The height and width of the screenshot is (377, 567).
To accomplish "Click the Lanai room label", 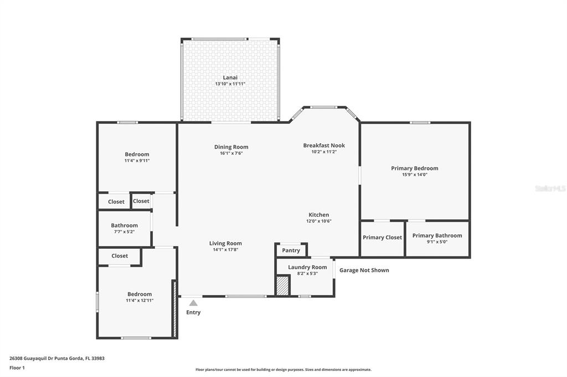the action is pos(230,77).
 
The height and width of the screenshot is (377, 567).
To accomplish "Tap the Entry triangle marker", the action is pos(193,303).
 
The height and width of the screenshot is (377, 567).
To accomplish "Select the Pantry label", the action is pos(291,250).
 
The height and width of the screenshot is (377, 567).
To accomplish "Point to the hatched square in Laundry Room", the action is pos(283,285).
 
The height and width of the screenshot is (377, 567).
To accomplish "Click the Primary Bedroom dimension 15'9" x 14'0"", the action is pos(415,175).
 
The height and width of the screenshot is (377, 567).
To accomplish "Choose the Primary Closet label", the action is pos(382,237).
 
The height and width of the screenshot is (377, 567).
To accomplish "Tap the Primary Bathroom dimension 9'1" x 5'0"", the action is pos(437,242).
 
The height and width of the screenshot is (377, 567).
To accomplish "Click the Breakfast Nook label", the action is pos(324,145).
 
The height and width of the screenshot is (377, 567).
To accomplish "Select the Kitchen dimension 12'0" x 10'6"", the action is pos(318,221).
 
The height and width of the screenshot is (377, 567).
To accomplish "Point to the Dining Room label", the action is pos(231,146).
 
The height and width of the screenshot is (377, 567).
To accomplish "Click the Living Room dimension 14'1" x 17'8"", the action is pos(225,249).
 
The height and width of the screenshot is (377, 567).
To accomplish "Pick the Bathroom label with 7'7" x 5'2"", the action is pos(125,226).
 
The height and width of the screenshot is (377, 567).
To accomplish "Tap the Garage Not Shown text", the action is pos(364,270).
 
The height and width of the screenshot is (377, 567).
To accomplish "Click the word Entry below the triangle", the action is pos(193,312).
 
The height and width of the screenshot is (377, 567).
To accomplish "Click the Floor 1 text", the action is pos(17,368).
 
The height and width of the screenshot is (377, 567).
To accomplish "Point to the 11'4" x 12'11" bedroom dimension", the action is pos(140,301).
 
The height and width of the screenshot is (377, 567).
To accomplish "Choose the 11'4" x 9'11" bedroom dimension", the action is pos(137,161).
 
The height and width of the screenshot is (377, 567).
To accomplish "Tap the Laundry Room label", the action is pos(307,267).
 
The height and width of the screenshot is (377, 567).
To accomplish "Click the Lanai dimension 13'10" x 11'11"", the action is pos(230,84).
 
